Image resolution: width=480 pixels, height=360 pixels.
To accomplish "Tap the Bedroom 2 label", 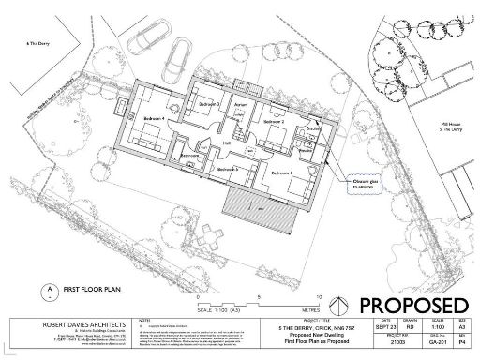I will (x=273, y=122).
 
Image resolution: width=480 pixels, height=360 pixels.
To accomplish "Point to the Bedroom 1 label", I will (x=282, y=173).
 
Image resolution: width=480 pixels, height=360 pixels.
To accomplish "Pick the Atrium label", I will (x=240, y=104).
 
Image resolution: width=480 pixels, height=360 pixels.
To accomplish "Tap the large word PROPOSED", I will (x=412, y=305).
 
